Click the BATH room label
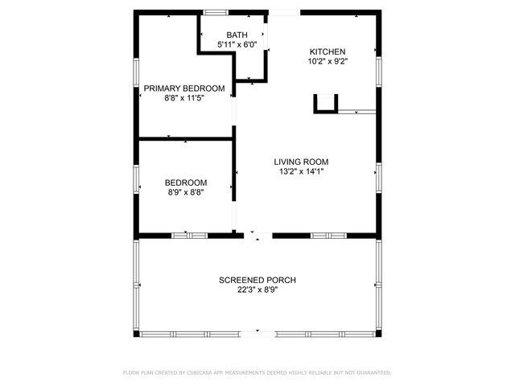tap(237, 35)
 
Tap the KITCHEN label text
tap(328, 51)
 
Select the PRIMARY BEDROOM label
tap(184, 88)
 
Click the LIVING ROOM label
tap(301, 161)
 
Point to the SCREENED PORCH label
tap(257, 280)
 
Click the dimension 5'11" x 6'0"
tap(237, 45)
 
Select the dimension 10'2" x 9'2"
tap(328, 60)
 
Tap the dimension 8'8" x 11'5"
tap(184, 98)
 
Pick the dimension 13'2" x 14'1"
tap(301, 171)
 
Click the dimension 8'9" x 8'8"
tap(186, 192)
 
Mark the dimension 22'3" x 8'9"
tap(257, 290)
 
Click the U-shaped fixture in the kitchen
tap(326, 104)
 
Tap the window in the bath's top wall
tap(214, 12)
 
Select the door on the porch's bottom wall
tap(257, 332)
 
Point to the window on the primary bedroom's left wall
tap(136, 72)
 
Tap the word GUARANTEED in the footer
tap(373, 373)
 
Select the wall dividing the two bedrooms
tap(185, 139)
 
